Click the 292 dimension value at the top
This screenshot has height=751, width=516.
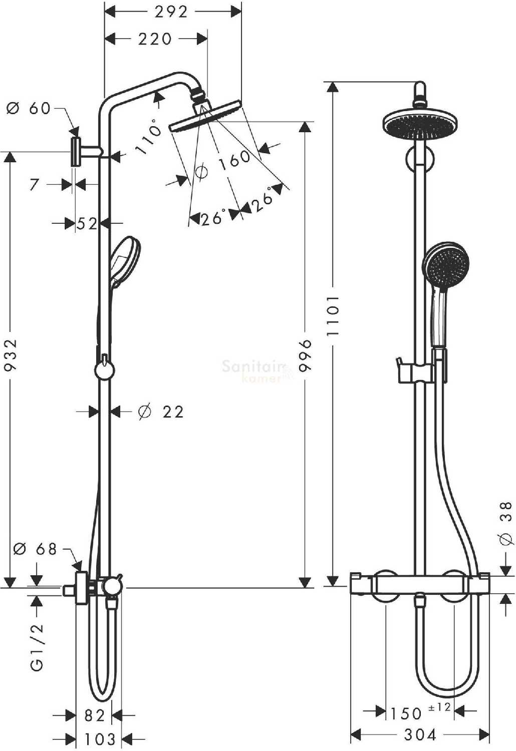171,13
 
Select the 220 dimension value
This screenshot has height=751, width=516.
155,39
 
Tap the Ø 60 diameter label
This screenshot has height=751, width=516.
28,109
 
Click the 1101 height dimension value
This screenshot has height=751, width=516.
333,316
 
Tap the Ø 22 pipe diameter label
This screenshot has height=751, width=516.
161,412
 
